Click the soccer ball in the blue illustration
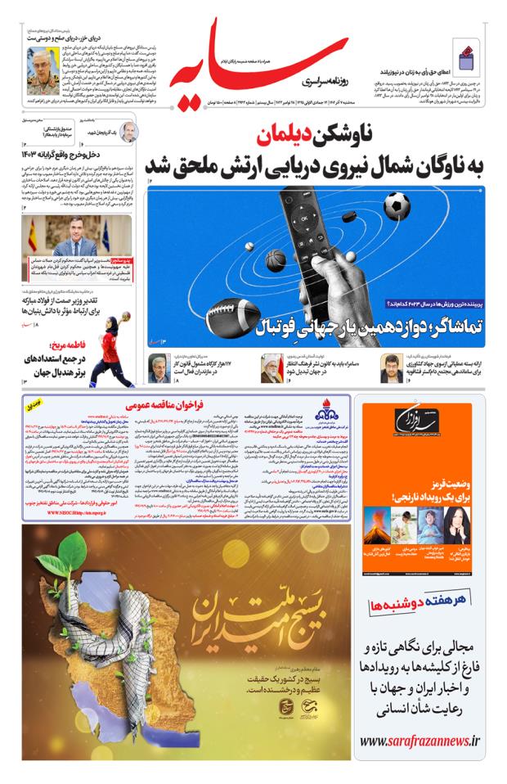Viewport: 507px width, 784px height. [397, 205]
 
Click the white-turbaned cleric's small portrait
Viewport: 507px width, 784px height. [271, 367]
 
